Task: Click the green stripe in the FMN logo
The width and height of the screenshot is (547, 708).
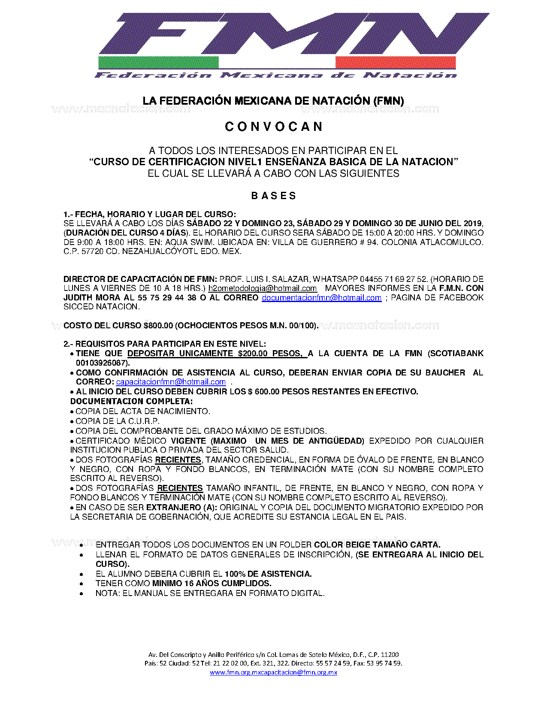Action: pos(158,62)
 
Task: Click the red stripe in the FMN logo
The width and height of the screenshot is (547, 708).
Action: pos(395,62)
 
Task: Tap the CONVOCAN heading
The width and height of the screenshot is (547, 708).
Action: pos(274,127)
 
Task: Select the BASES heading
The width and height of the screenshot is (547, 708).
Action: pos(274,196)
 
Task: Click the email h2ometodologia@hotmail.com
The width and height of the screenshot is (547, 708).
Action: pos(263,288)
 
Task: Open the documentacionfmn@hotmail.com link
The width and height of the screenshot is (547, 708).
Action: pos(321,298)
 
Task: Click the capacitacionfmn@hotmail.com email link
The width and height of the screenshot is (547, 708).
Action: pos(171,382)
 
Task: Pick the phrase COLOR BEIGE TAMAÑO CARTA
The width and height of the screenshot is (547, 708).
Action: pos(377,545)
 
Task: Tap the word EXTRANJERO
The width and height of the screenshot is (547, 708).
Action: pos(173,508)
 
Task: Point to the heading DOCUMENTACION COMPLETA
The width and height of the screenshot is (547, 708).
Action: pos(131,402)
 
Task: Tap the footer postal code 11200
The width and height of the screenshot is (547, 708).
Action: pos(390,655)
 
